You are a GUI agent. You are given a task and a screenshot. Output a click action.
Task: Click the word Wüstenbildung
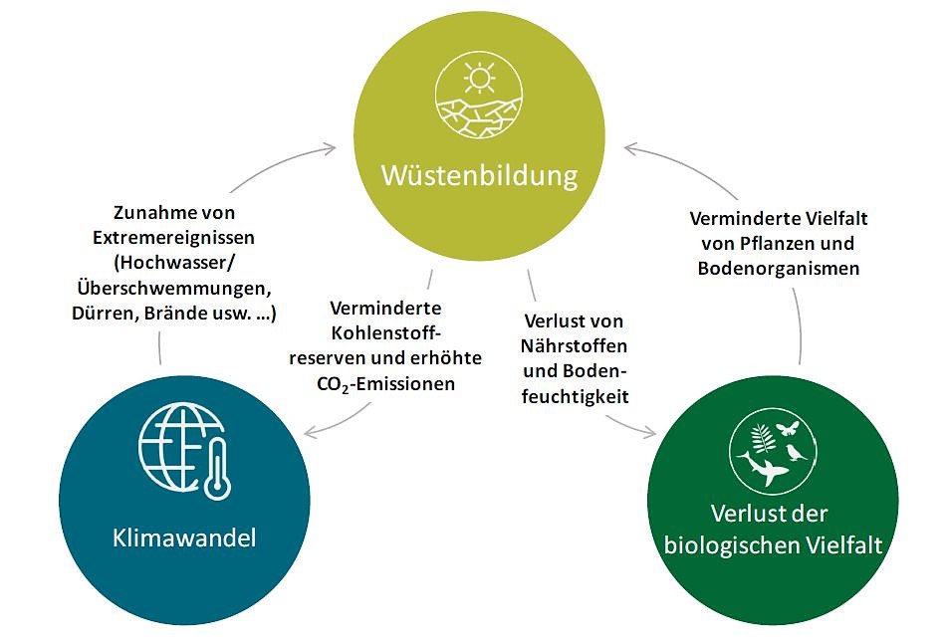click(479, 176)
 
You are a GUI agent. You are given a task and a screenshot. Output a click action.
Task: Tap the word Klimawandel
click(184, 538)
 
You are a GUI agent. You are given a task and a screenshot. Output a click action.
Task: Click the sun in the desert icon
click(480, 78)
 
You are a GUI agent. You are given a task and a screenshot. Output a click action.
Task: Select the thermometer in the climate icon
click(216, 469)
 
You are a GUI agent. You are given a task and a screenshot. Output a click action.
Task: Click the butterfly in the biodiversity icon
click(789, 428)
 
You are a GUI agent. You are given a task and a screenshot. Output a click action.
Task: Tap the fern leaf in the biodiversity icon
click(762, 437)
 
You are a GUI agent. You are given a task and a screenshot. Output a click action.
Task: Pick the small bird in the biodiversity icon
click(797, 454)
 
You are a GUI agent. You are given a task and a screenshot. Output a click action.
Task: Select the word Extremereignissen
click(173, 239)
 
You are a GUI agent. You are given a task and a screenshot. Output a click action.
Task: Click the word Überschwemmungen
click(175, 289)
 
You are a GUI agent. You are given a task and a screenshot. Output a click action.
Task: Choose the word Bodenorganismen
click(778, 269)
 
